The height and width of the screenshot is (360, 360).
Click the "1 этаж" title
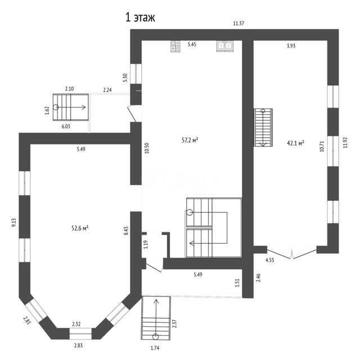click(140, 17)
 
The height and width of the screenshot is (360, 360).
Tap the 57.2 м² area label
click(190, 140)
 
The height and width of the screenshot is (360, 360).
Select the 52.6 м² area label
click(80, 228)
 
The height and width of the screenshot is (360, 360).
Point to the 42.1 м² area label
click(295, 143)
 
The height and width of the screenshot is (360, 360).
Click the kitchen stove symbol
click(175, 46)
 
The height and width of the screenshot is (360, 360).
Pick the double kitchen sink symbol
click(224, 46)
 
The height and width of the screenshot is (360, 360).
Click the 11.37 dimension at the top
click(238, 23)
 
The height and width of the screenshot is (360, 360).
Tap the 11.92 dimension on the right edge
click(345, 142)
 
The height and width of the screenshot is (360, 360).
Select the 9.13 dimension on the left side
click(14, 223)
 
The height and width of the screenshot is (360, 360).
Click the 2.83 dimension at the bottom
click(78, 345)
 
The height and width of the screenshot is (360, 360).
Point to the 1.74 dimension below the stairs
click(155, 348)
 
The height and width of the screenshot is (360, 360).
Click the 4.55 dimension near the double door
click(270, 260)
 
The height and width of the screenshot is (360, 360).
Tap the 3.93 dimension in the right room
click(291, 46)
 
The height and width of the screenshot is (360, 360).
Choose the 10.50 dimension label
click(147, 148)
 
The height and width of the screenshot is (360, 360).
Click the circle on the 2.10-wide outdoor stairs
click(56, 107)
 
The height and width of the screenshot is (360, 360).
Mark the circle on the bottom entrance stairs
click(156, 337)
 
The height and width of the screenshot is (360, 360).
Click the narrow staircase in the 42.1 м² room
click(263, 128)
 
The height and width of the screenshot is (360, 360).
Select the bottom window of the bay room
click(80, 334)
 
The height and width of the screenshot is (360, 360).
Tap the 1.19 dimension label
click(146, 245)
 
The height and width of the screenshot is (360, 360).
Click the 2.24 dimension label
click(107, 90)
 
